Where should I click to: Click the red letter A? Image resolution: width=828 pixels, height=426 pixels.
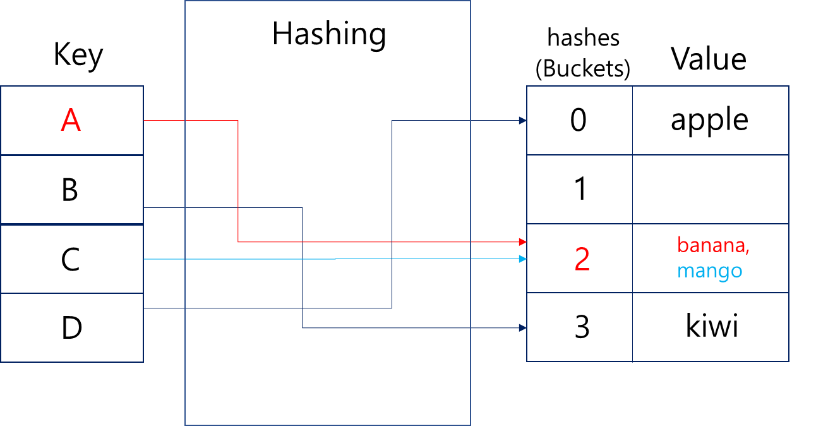[71, 120]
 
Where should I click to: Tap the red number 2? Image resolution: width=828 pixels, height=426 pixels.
[582, 260]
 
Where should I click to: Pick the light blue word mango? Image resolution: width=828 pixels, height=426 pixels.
[709, 271]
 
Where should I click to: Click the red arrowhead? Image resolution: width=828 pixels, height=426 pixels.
[522, 241]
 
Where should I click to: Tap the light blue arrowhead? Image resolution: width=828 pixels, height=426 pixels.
[522, 259]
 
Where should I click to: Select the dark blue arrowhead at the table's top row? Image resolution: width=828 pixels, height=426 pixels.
[522, 120]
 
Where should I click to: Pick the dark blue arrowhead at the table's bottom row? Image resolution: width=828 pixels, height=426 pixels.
[522, 327]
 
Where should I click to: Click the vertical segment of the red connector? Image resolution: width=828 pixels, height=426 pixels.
[238, 181]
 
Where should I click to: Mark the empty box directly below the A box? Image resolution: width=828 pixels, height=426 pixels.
[71, 189]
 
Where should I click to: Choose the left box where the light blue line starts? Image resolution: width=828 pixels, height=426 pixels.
[71, 259]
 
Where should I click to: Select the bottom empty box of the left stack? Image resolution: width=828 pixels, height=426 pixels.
[71, 327]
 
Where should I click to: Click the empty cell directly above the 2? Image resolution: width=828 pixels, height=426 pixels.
[579, 189]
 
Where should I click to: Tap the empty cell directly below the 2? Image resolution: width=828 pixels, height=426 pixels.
[579, 327]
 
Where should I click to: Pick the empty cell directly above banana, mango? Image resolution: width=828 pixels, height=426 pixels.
[711, 189]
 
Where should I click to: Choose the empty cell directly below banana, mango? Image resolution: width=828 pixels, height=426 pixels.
[711, 327]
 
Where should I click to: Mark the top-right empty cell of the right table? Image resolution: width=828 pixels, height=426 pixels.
[711, 120]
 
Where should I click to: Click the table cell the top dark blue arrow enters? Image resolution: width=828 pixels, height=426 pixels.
[579, 120]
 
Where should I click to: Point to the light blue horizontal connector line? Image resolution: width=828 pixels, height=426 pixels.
[253, 259]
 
